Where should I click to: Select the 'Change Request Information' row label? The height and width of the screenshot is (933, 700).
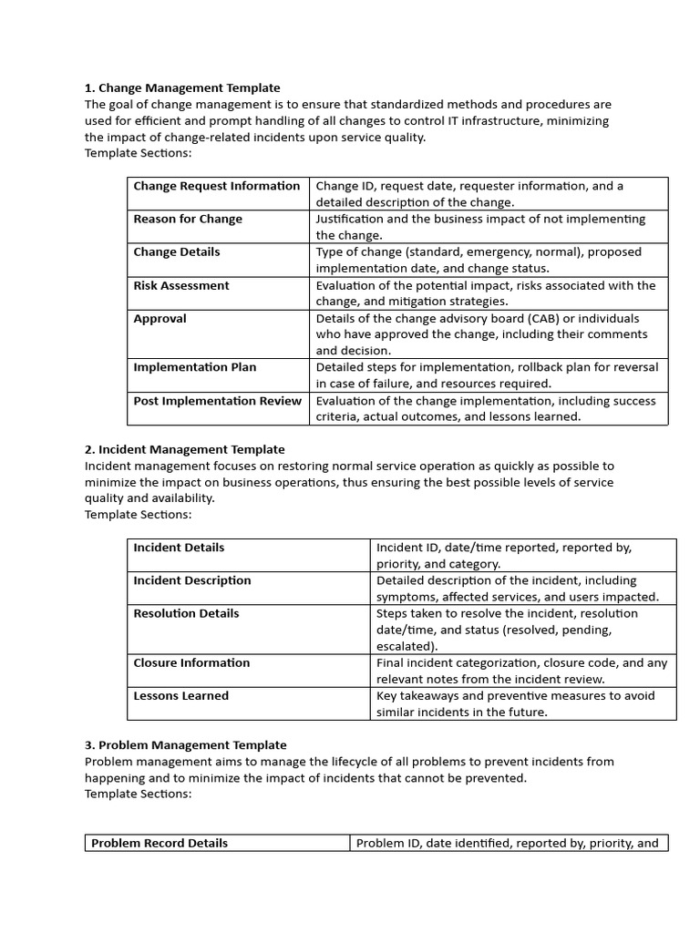[x=216, y=186]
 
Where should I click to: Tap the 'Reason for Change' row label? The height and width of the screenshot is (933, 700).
[x=188, y=219]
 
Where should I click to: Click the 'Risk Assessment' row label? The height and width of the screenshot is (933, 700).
[x=181, y=285]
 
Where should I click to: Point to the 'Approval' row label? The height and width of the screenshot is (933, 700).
[x=160, y=319]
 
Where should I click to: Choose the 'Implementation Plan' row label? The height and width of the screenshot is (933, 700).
[x=195, y=367]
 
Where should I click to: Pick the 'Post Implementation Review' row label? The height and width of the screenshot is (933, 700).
[x=217, y=401]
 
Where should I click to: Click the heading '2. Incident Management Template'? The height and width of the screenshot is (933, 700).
[x=184, y=449]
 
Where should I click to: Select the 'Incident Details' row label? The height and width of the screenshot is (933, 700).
[x=179, y=548]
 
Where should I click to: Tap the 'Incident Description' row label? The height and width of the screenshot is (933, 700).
[x=191, y=580]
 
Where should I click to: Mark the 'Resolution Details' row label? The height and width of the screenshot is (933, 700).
[x=186, y=613]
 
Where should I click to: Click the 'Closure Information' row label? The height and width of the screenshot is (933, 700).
[x=191, y=662]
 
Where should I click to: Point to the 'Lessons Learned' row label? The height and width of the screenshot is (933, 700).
[x=180, y=696]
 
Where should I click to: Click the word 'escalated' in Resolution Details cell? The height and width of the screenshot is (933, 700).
[x=405, y=646]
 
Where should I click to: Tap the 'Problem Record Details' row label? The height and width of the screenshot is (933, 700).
[x=160, y=843]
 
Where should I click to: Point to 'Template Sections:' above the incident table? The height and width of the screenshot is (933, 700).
[x=139, y=515]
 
